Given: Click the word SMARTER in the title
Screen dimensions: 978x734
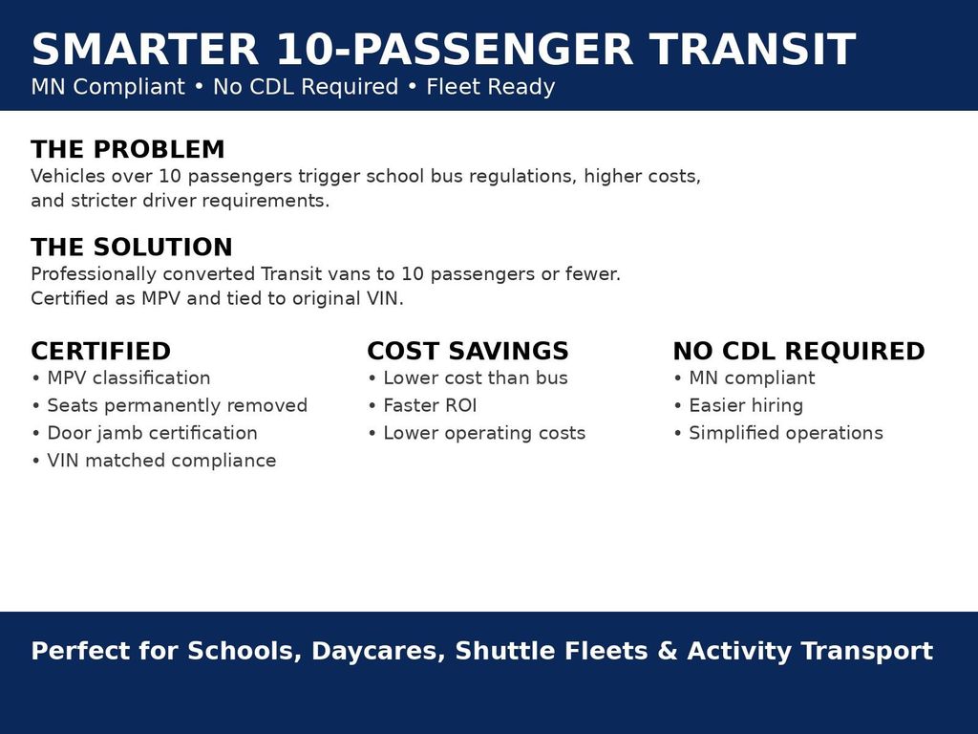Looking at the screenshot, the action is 145,50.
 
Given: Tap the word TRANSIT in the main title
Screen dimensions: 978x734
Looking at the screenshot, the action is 753,50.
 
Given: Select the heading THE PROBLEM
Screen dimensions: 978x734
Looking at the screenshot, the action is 128,150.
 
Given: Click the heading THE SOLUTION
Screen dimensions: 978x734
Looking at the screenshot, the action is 132,248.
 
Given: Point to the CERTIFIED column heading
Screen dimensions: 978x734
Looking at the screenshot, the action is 101,352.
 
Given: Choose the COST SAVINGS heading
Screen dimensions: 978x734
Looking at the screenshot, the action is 468,352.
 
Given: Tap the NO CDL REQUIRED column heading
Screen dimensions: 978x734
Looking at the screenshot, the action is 799,352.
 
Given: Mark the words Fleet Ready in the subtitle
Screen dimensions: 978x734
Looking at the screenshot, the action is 491,87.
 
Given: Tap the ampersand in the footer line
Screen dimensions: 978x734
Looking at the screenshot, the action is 668,651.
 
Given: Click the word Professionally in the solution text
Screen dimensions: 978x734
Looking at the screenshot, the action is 94,274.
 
